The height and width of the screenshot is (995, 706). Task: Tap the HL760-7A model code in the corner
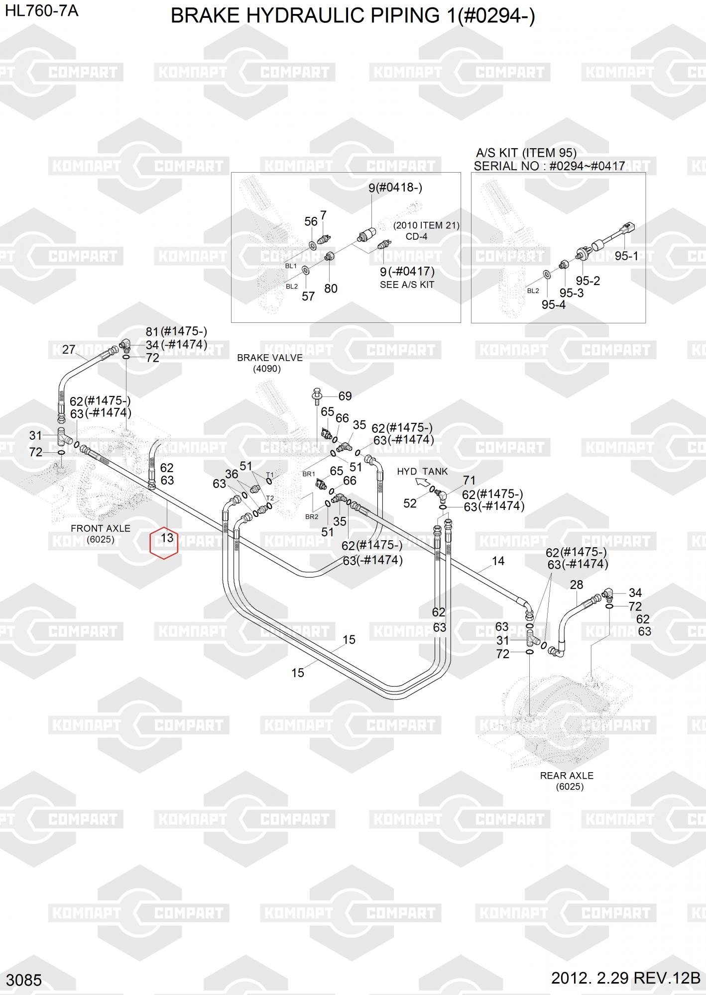41,11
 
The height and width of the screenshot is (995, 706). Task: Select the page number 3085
24,980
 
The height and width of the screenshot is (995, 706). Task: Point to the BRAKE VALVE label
269,358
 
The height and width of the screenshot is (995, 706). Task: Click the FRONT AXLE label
101,528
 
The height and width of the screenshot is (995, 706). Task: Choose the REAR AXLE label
567,775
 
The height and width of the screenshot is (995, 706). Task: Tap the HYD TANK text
422,471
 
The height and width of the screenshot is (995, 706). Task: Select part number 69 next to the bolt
345,396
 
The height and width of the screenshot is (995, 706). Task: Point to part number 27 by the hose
68,349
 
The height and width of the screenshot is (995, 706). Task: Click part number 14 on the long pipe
498,561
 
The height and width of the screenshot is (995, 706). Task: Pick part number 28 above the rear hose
576,585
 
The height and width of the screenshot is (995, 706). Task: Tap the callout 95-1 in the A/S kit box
626,256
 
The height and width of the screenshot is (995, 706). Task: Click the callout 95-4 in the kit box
554,304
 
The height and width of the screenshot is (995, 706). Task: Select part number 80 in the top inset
331,289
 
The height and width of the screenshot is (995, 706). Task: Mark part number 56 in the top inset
311,221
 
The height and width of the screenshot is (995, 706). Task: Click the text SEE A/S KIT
407,285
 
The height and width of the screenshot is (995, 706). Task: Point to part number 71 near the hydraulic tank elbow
469,480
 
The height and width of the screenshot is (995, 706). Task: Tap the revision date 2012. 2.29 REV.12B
625,978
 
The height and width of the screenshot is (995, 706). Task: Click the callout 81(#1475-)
176,331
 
